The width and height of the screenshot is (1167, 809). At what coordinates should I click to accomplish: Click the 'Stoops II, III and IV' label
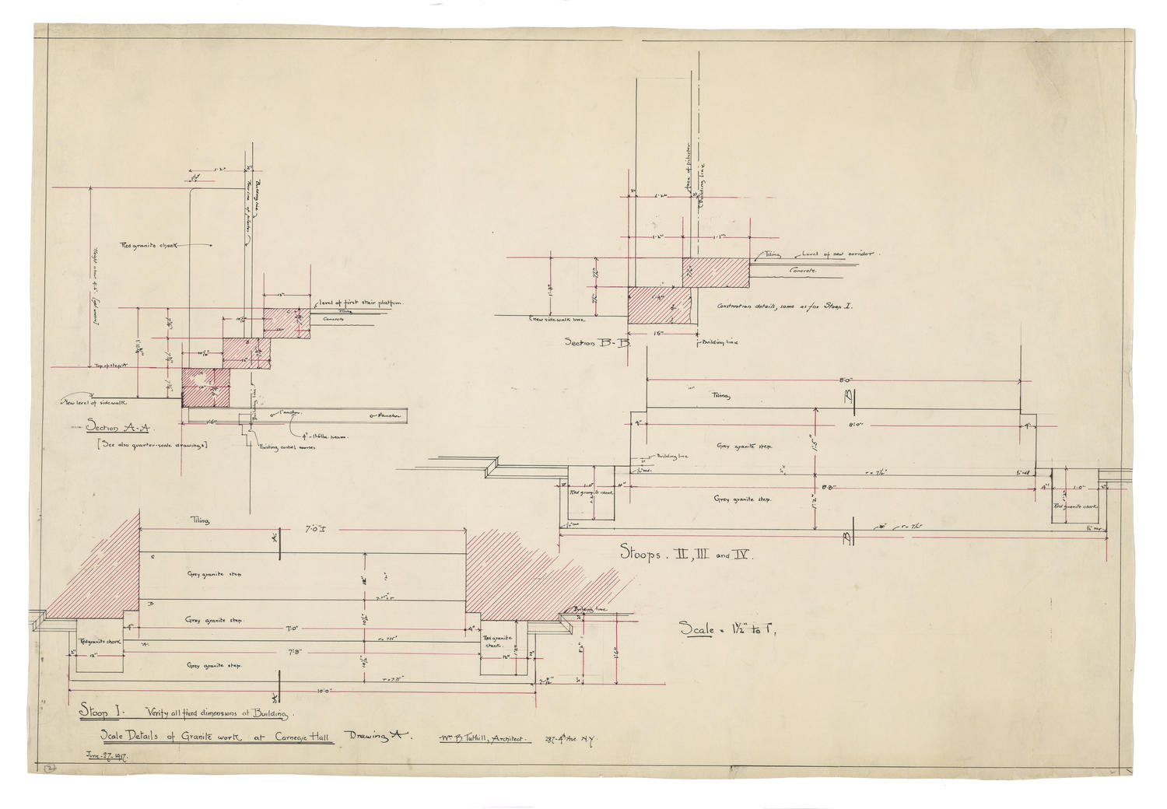[x=684, y=555]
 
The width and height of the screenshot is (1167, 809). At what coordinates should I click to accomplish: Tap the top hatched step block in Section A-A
[x=286, y=319]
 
